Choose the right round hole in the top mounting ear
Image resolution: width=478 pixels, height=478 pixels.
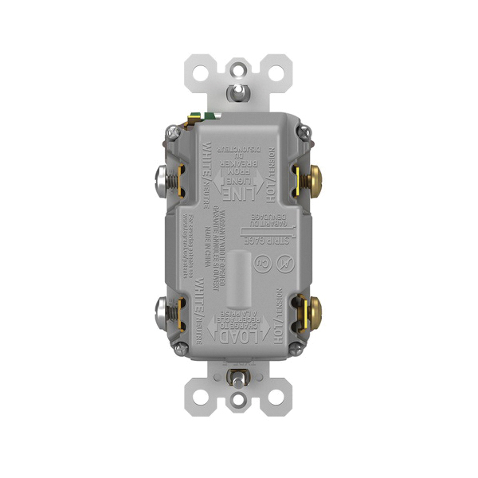(x=276, y=70)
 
